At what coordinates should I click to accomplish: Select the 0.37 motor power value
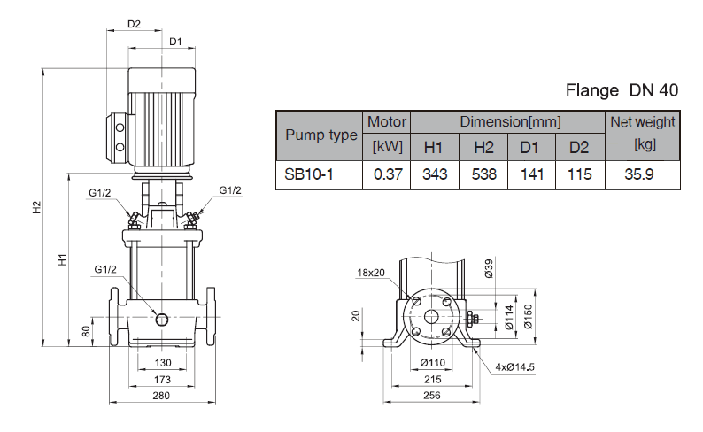(x=388, y=174)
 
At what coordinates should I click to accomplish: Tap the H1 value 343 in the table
(x=434, y=174)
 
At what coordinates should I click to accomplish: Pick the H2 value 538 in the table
(x=483, y=174)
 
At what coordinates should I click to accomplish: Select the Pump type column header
(x=321, y=135)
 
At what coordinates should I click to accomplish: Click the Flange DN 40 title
(x=622, y=90)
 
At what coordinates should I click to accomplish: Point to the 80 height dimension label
(x=86, y=332)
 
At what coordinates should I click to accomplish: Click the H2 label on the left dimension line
(x=36, y=208)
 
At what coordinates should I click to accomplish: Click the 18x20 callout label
(x=372, y=272)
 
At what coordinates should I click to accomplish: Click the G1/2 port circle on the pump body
(x=161, y=318)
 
